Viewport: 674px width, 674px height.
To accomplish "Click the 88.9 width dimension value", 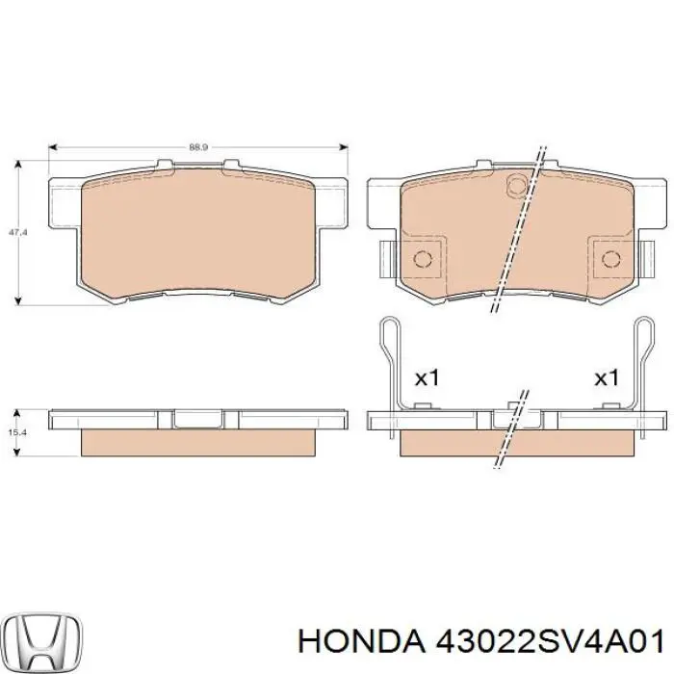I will pyautogui.click(x=197, y=147).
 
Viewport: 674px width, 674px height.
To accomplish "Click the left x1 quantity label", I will pyautogui.click(x=426, y=378).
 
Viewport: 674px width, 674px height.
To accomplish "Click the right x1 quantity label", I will pyautogui.click(x=606, y=378).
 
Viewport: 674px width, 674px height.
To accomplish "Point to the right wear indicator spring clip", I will pyautogui.click(x=643, y=366).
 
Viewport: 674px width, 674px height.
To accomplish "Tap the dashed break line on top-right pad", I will pyautogui.click(x=517, y=231).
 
